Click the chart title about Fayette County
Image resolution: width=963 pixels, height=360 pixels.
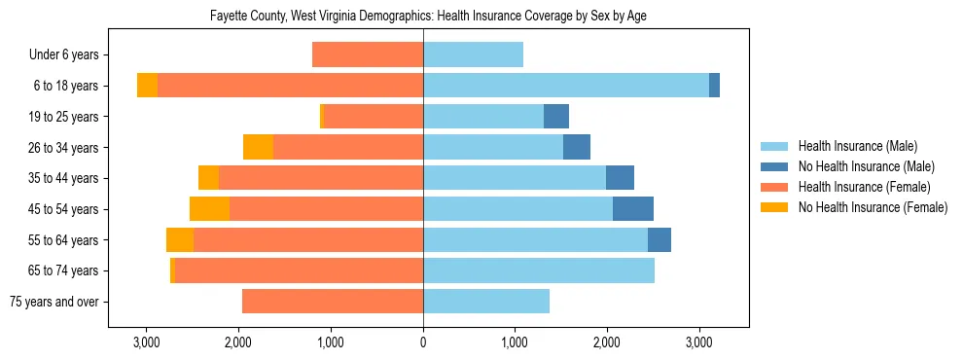pyautogui.click(x=428, y=17)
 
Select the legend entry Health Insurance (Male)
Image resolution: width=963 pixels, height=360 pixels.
pyautogui.click(x=857, y=146)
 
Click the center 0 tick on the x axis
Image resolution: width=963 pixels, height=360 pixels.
pyautogui.click(x=423, y=342)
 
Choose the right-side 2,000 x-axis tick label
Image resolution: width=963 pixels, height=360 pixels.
pyautogui.click(x=607, y=342)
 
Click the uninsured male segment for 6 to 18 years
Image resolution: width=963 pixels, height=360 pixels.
pyautogui.click(x=714, y=86)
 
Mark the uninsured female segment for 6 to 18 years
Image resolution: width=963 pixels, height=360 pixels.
pyautogui.click(x=147, y=86)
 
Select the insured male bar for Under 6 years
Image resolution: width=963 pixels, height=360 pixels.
pyautogui.click(x=473, y=54)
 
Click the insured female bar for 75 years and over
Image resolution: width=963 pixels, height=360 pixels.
pyautogui.click(x=333, y=302)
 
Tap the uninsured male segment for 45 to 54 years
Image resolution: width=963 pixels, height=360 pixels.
pyautogui.click(x=633, y=209)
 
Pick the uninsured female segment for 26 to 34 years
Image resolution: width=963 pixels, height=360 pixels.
pyautogui.click(x=258, y=147)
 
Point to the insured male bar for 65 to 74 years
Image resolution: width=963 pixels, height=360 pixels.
pyautogui.click(x=539, y=270)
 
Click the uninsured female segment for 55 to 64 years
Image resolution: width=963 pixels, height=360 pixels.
pyautogui.click(x=180, y=240)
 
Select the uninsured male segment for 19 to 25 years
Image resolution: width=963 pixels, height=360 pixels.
pyautogui.click(x=556, y=117)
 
